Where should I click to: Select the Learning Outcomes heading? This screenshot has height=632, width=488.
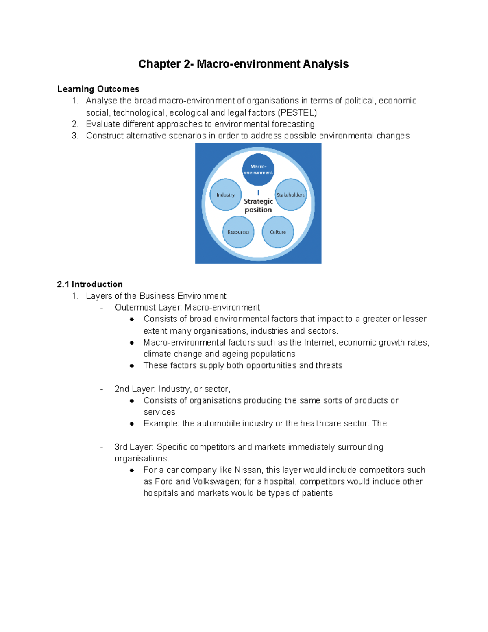coord(98,89)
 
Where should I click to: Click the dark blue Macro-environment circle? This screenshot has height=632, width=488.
coord(258,169)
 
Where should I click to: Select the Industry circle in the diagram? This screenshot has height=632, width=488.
coord(225,195)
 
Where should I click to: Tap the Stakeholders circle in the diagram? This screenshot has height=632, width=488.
coord(290,195)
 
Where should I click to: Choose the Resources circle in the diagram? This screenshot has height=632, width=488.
coord(238,232)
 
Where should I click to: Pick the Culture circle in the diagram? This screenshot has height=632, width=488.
coord(278,232)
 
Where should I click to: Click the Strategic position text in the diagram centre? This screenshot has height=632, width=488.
coord(258,206)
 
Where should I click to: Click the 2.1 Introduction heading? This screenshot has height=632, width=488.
coord(90,284)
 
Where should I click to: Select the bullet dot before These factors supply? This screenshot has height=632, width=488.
coord(132,366)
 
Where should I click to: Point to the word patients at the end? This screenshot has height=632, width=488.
coord(317,493)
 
